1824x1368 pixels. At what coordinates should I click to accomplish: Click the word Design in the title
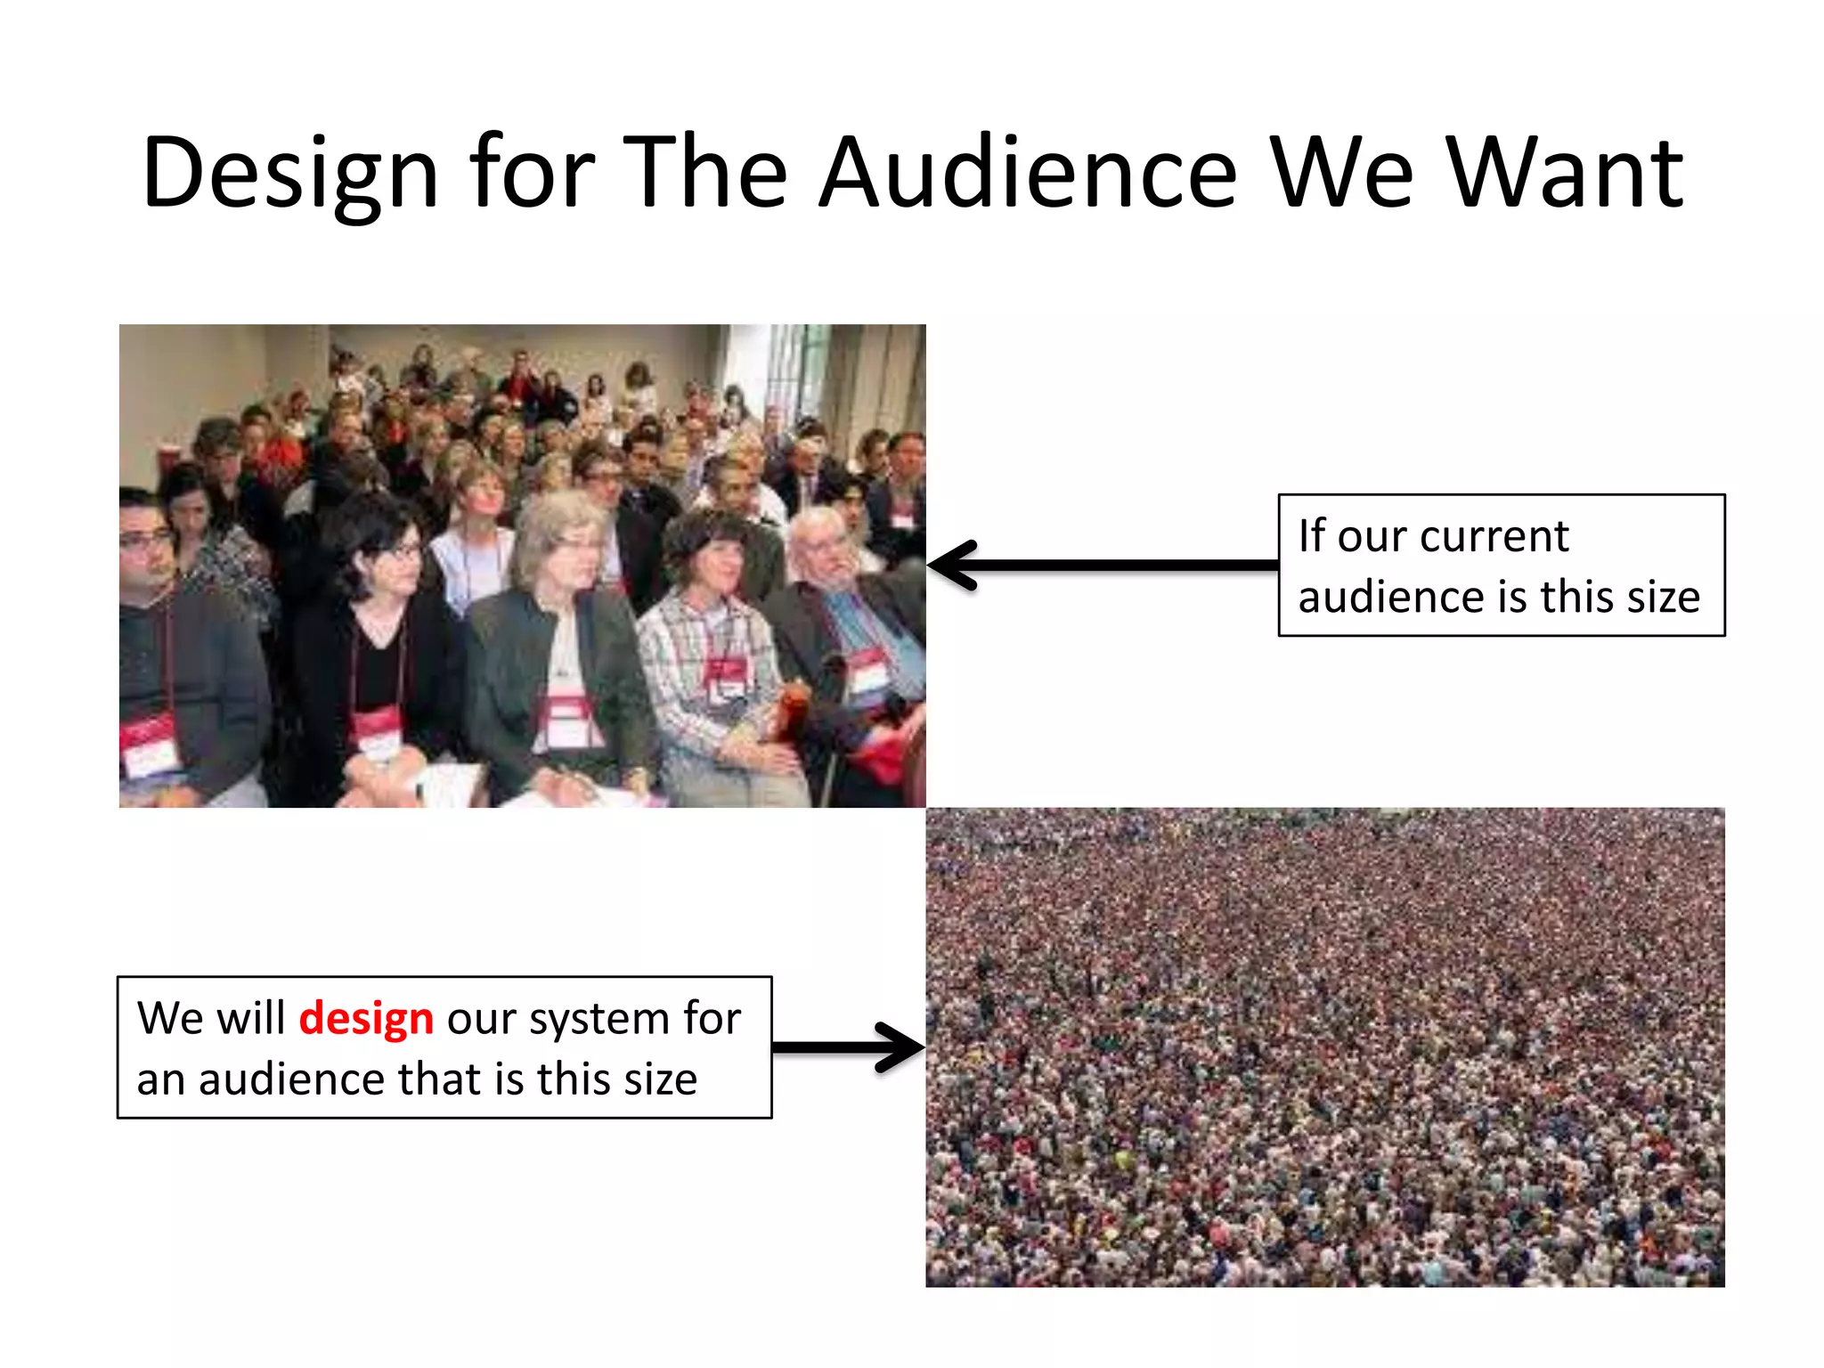(290, 174)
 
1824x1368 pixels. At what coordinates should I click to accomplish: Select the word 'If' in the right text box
(1311, 536)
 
